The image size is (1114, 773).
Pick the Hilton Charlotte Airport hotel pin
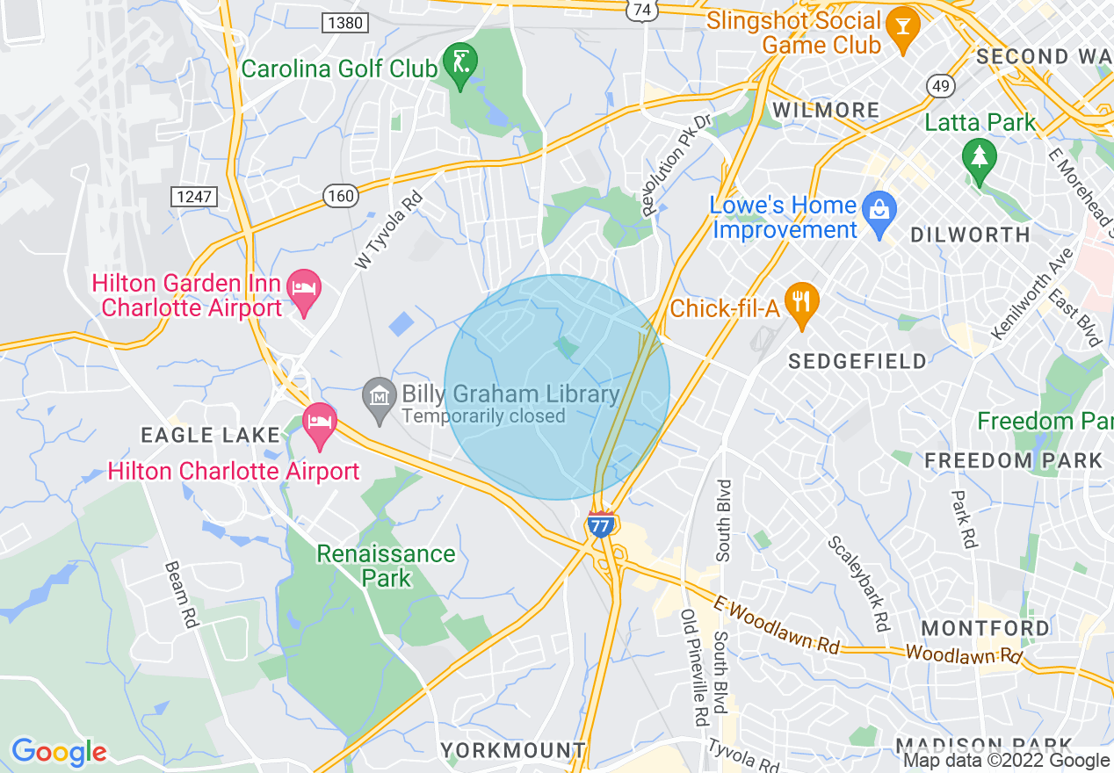pos(319,424)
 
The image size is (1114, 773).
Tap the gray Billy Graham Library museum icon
pos(380,400)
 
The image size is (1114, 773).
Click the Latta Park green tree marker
pos(977,159)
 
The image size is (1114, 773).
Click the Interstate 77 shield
pos(600,524)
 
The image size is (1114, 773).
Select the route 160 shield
pos(340,195)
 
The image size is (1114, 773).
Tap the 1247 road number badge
pos(193,196)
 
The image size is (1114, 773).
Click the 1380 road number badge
pos(343,23)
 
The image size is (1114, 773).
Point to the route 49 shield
pos(939,85)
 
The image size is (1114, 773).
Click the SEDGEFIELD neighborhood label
pos(857,361)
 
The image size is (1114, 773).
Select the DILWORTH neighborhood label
pos(970,235)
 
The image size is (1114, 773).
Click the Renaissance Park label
pos(387,566)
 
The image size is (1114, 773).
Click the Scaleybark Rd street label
pos(858,584)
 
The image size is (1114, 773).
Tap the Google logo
pos(58,753)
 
